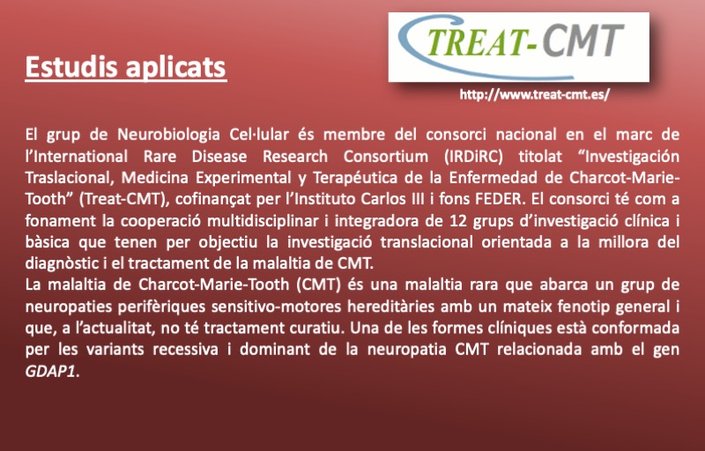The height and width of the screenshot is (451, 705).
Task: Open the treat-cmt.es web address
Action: (535, 95)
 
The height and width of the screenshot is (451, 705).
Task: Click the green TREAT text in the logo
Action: (474, 41)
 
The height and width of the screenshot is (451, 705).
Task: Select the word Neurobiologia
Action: (168, 135)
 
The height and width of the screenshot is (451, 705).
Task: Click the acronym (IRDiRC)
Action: (473, 157)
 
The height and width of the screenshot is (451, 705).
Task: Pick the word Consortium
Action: (385, 157)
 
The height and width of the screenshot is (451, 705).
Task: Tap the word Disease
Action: (219, 157)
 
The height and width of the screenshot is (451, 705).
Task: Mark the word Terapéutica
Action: (355, 178)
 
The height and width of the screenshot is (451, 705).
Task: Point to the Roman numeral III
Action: (416, 199)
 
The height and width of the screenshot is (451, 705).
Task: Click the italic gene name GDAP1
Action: (50, 372)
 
